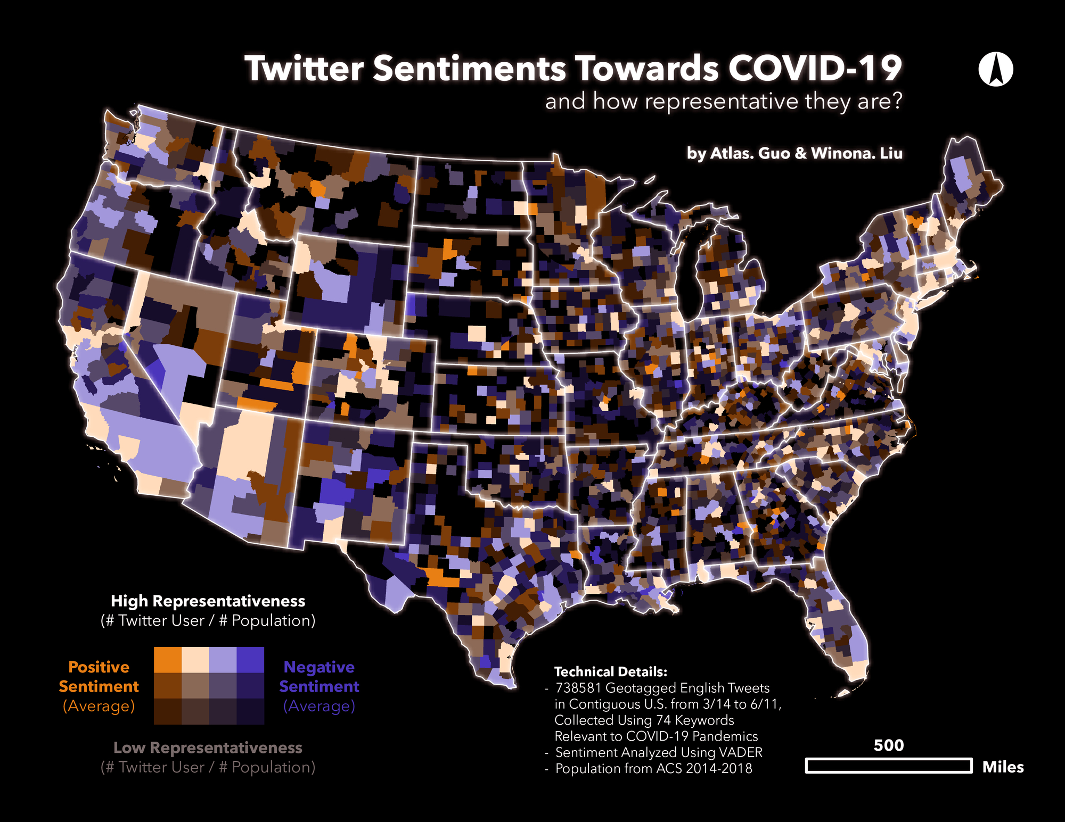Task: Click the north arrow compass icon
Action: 995,69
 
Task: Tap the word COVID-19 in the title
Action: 815,69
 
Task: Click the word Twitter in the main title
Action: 304,69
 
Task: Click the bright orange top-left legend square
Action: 168,660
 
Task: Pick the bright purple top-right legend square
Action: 250,660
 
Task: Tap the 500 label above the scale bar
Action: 888,745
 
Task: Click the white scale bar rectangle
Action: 888,766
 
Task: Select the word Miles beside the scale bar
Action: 1003,767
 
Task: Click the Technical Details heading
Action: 610,671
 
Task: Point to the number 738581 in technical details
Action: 578,688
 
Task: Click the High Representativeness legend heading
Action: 208,601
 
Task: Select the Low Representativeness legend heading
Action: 208,748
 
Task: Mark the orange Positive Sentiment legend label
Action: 99,677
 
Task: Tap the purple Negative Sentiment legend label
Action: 319,677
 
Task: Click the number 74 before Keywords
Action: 663,720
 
